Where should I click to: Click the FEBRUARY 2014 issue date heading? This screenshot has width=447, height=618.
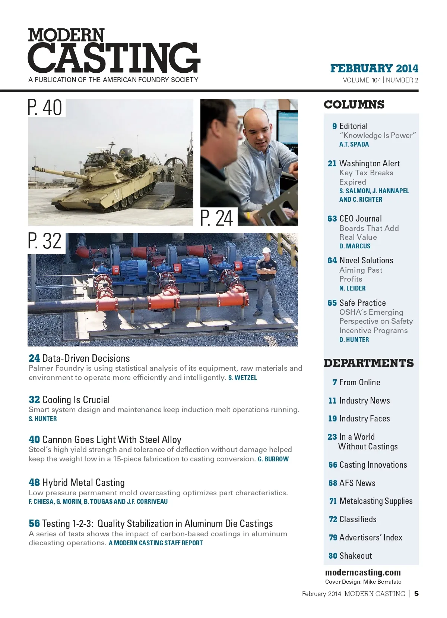(x=374, y=69)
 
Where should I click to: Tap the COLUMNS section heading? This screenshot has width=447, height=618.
(x=354, y=104)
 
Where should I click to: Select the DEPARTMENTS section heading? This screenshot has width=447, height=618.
(x=368, y=363)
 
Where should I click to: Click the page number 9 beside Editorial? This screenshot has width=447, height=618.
(x=335, y=126)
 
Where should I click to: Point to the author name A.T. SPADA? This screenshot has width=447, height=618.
(x=354, y=144)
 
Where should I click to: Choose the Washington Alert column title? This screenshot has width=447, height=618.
(x=369, y=163)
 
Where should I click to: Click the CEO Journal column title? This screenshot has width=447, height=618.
(x=360, y=219)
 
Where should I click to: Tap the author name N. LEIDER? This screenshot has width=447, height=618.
(x=352, y=288)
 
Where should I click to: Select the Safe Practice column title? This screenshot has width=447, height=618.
(x=362, y=303)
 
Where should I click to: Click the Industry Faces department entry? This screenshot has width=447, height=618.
(x=364, y=418)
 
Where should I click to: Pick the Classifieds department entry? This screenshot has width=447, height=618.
(x=358, y=519)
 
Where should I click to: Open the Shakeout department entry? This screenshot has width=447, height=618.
(x=355, y=556)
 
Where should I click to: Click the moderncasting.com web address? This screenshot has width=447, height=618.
(x=363, y=572)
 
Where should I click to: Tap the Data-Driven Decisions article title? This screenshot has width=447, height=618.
(x=86, y=358)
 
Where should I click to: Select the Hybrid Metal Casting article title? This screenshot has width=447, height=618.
(x=83, y=482)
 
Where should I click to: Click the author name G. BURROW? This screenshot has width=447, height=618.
(x=273, y=459)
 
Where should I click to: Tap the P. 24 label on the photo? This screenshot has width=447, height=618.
(x=216, y=218)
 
